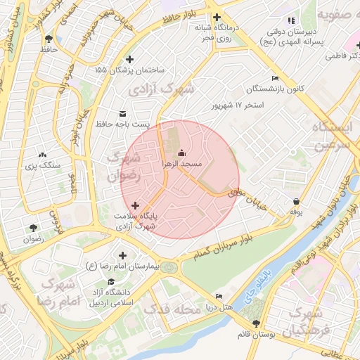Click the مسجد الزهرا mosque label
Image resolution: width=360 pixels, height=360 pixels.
coord(182,163)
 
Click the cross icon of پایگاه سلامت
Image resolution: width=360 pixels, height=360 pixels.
coord(135,205)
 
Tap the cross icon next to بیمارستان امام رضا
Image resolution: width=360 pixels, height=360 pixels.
coord(123,256)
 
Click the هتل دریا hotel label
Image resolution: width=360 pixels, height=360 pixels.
coord(219,307)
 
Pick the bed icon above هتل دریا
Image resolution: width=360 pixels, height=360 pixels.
coord(219,296)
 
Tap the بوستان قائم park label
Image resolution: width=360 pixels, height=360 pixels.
coord(255,335)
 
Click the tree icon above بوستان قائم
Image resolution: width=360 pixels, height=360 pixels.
coord(255,323)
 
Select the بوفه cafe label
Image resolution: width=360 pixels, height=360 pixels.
coord(295,211)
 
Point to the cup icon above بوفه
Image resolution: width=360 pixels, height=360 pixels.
coord(295,200)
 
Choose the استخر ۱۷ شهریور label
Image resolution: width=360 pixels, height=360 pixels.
coord(238,105)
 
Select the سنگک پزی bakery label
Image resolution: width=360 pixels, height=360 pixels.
coord(43,165)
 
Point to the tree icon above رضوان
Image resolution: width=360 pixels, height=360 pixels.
coord(33,227)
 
